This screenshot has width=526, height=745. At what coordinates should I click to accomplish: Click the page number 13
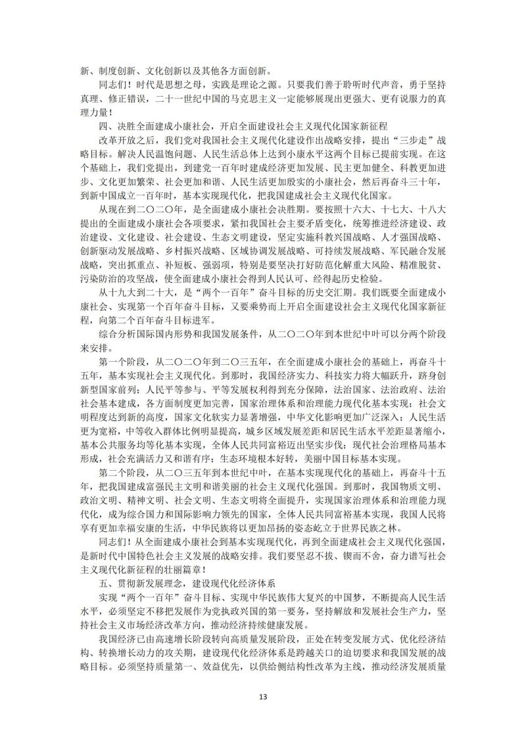click(x=263, y=697)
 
